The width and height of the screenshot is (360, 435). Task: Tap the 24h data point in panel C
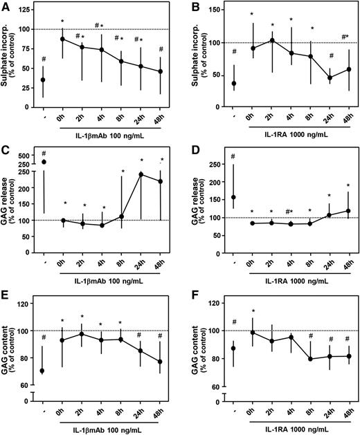pos(141,174)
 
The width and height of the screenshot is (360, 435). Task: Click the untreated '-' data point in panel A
pos(44,80)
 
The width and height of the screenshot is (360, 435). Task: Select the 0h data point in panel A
pos(63,39)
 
